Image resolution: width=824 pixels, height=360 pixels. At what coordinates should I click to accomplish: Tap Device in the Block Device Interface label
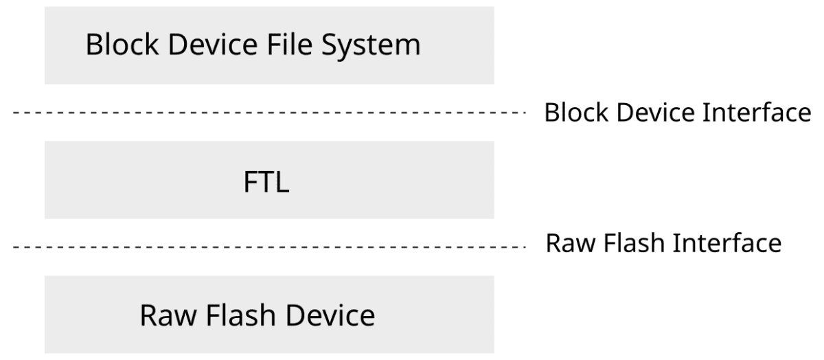pyautogui.click(x=644, y=113)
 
